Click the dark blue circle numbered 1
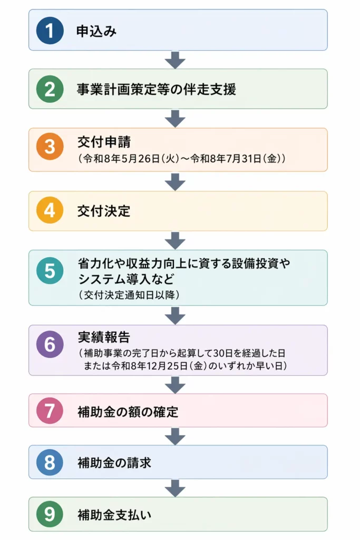50,31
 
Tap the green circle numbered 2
50,89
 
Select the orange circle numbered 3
50,146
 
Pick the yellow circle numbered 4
50,211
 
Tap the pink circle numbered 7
50,411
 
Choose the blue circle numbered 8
50,462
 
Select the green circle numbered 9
50,514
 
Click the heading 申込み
96,31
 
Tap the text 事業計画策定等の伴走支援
156,89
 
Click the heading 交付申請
104,142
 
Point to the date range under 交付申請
182,158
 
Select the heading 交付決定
104,211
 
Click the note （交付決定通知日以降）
129,295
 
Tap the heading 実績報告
104,337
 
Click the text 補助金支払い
114,514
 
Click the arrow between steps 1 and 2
175,60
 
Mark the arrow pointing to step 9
175,488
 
